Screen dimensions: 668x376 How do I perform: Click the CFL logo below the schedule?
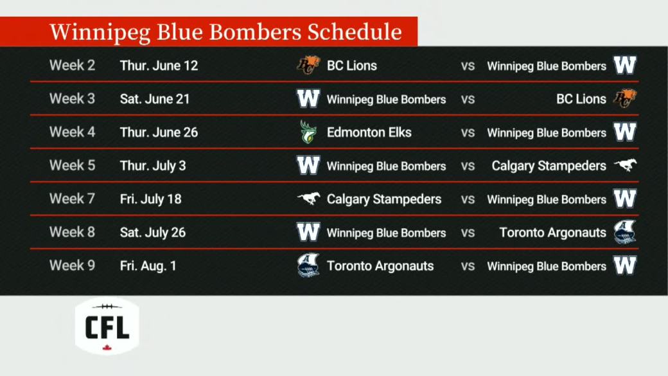(107, 327)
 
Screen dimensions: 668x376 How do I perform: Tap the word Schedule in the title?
(355, 31)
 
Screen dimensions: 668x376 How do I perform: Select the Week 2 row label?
(72, 65)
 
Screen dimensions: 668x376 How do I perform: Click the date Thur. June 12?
(159, 66)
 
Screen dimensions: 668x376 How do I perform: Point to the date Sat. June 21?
(155, 99)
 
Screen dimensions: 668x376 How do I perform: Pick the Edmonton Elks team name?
(369, 132)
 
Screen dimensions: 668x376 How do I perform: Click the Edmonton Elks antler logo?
(308, 132)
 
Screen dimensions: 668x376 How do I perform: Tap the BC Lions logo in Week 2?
(308, 65)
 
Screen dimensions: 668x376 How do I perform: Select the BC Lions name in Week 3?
(581, 99)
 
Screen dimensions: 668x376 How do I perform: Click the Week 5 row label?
(72, 165)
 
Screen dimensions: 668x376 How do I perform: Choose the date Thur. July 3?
(153, 166)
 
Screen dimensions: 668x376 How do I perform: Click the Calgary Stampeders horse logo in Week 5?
(625, 165)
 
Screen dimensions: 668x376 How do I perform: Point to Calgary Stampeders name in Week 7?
(384, 199)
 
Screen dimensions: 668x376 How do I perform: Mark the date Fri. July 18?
(150, 199)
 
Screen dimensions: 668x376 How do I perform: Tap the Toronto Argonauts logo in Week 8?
(625, 232)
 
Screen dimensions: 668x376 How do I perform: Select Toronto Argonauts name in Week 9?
(380, 266)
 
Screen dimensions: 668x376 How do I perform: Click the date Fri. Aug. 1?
(148, 266)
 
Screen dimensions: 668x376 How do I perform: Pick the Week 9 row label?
(72, 265)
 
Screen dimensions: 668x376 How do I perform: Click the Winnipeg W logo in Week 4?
(625, 132)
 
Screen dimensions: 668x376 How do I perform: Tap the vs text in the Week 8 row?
(468, 233)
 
